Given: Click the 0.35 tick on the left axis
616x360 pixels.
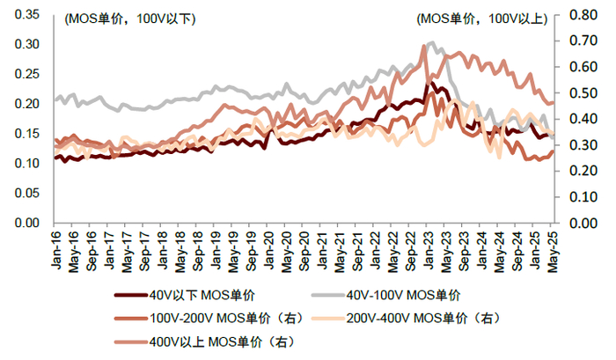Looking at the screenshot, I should click(x=27, y=15).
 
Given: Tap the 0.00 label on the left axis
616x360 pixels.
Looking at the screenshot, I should click(x=27, y=224).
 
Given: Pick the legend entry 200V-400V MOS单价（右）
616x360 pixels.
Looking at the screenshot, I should click(x=422, y=319).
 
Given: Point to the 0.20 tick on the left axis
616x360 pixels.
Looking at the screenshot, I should click(x=27, y=104).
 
